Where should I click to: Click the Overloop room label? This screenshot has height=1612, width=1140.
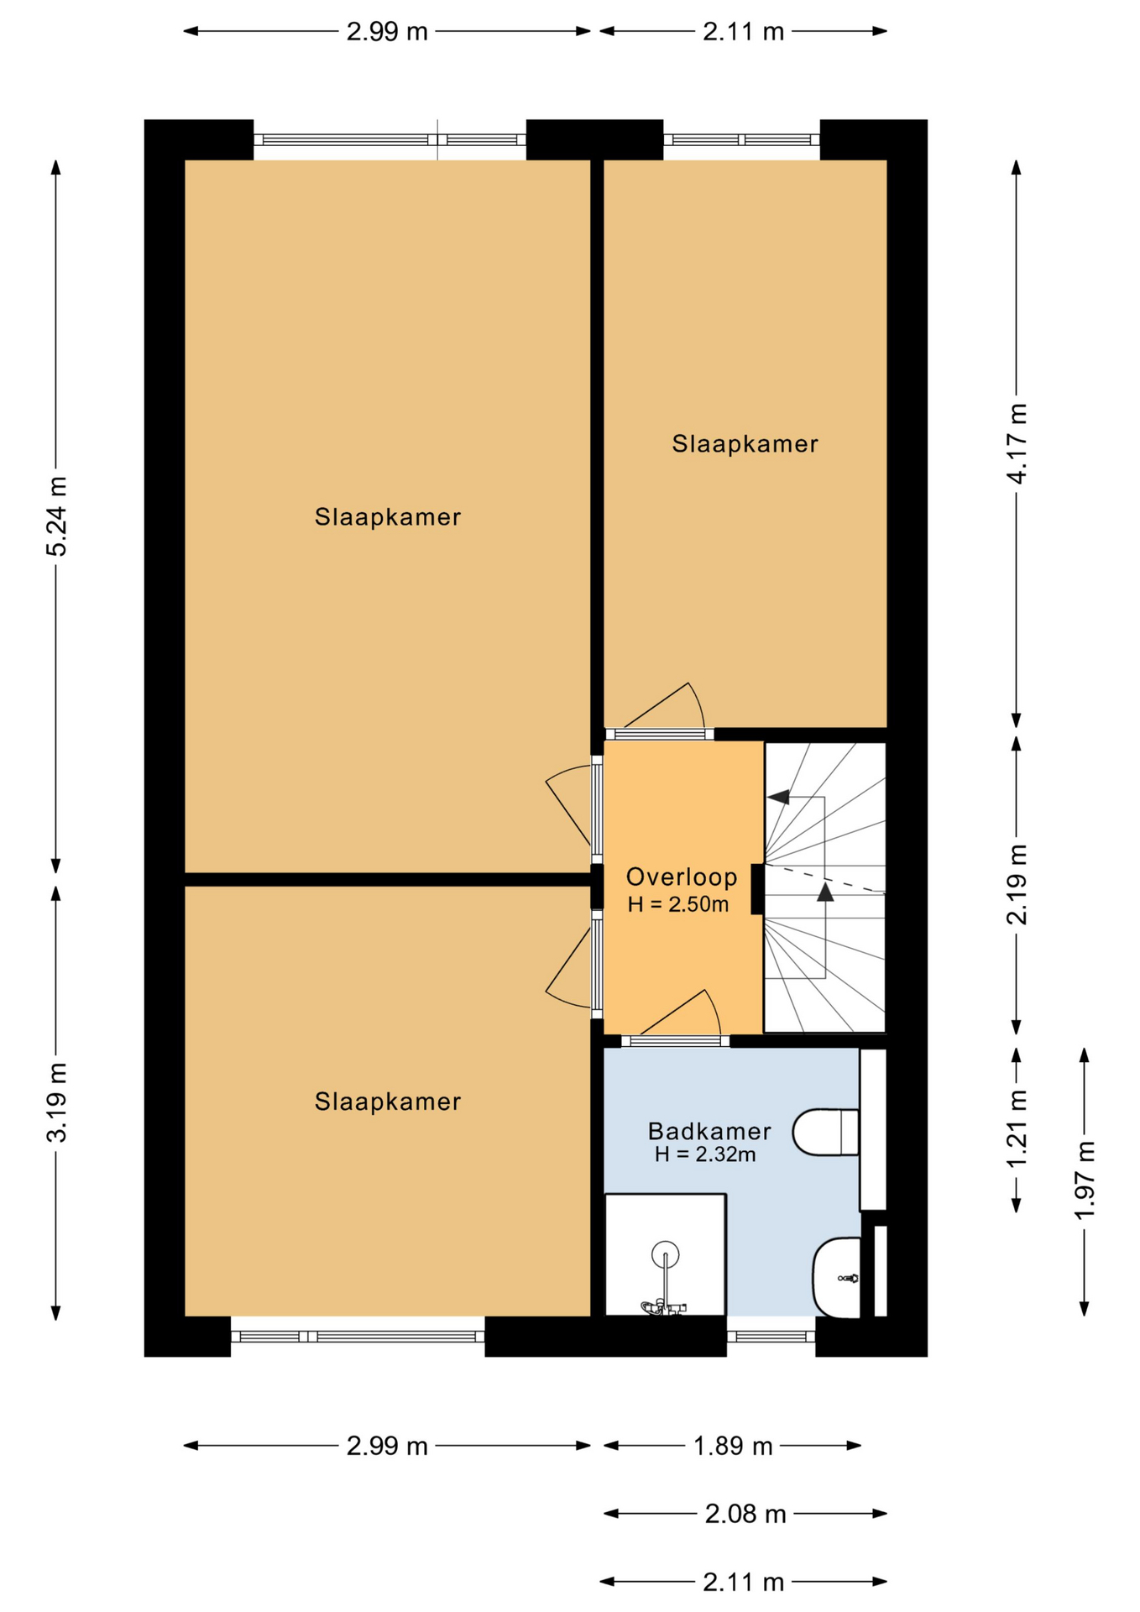click(682, 877)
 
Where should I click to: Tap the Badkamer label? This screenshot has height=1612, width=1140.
click(709, 1132)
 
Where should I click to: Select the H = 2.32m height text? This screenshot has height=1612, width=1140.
click(705, 1155)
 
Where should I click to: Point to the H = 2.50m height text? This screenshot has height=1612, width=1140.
click(678, 905)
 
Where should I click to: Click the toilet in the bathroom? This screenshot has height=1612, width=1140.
click(827, 1133)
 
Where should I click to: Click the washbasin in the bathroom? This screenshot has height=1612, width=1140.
click(837, 1278)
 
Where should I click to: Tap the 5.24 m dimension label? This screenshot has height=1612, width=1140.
click(57, 516)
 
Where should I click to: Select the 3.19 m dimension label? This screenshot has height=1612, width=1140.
click(57, 1103)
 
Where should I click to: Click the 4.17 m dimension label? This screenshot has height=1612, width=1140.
click(1017, 443)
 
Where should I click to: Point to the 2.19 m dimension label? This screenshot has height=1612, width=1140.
click(1017, 885)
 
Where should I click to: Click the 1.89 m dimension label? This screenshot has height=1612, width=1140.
click(733, 1446)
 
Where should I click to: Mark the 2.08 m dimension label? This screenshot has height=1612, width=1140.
click(745, 1514)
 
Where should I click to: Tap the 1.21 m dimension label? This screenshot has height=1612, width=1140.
click(1017, 1128)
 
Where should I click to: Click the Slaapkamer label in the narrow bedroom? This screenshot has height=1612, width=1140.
click(745, 444)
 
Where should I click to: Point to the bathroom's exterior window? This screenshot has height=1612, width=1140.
click(771, 1337)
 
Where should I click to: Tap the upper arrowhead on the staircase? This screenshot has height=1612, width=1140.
click(778, 797)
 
